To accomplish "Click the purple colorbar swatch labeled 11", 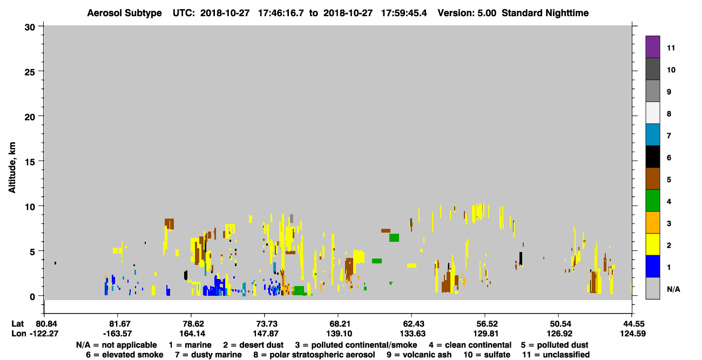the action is pos(652,47).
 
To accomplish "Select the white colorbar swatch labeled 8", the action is pos(652,113).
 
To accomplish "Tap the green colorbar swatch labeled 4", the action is pos(652,201).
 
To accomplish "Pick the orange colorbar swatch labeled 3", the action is pos(652,222).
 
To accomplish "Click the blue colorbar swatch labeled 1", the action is pos(652,266).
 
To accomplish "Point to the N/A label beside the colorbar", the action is pos(673,289).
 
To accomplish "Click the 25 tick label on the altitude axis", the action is pos(30,72).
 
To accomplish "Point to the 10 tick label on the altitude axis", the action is pos(30,207).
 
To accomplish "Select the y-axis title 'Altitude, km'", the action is pos(12,168).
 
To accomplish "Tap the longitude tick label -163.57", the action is pos(118,334).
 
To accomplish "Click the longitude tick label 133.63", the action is pos(413,334).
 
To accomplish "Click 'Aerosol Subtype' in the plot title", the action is pos(124,13).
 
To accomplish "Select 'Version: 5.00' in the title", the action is pos(467,13).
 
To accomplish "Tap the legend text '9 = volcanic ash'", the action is pos(419,355).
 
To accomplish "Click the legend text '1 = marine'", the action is pos(190,345).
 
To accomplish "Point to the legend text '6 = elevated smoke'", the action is pos(125,355).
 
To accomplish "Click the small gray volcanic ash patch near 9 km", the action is pos(292,219).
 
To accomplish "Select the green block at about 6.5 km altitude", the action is pos(394,238).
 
